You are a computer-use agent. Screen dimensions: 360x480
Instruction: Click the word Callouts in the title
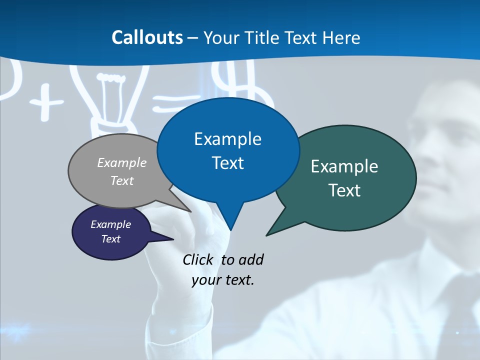147,37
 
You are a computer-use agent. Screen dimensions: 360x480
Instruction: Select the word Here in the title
341,37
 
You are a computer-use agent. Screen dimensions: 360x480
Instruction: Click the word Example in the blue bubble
227,139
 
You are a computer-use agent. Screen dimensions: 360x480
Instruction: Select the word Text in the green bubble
344,190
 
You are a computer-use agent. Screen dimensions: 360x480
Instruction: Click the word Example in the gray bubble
122,162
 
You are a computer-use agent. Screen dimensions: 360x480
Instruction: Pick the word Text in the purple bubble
111,239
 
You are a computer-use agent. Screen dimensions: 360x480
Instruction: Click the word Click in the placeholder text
198,259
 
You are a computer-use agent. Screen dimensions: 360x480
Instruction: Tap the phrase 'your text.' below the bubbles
223,280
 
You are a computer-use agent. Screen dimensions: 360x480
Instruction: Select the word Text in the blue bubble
228,163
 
